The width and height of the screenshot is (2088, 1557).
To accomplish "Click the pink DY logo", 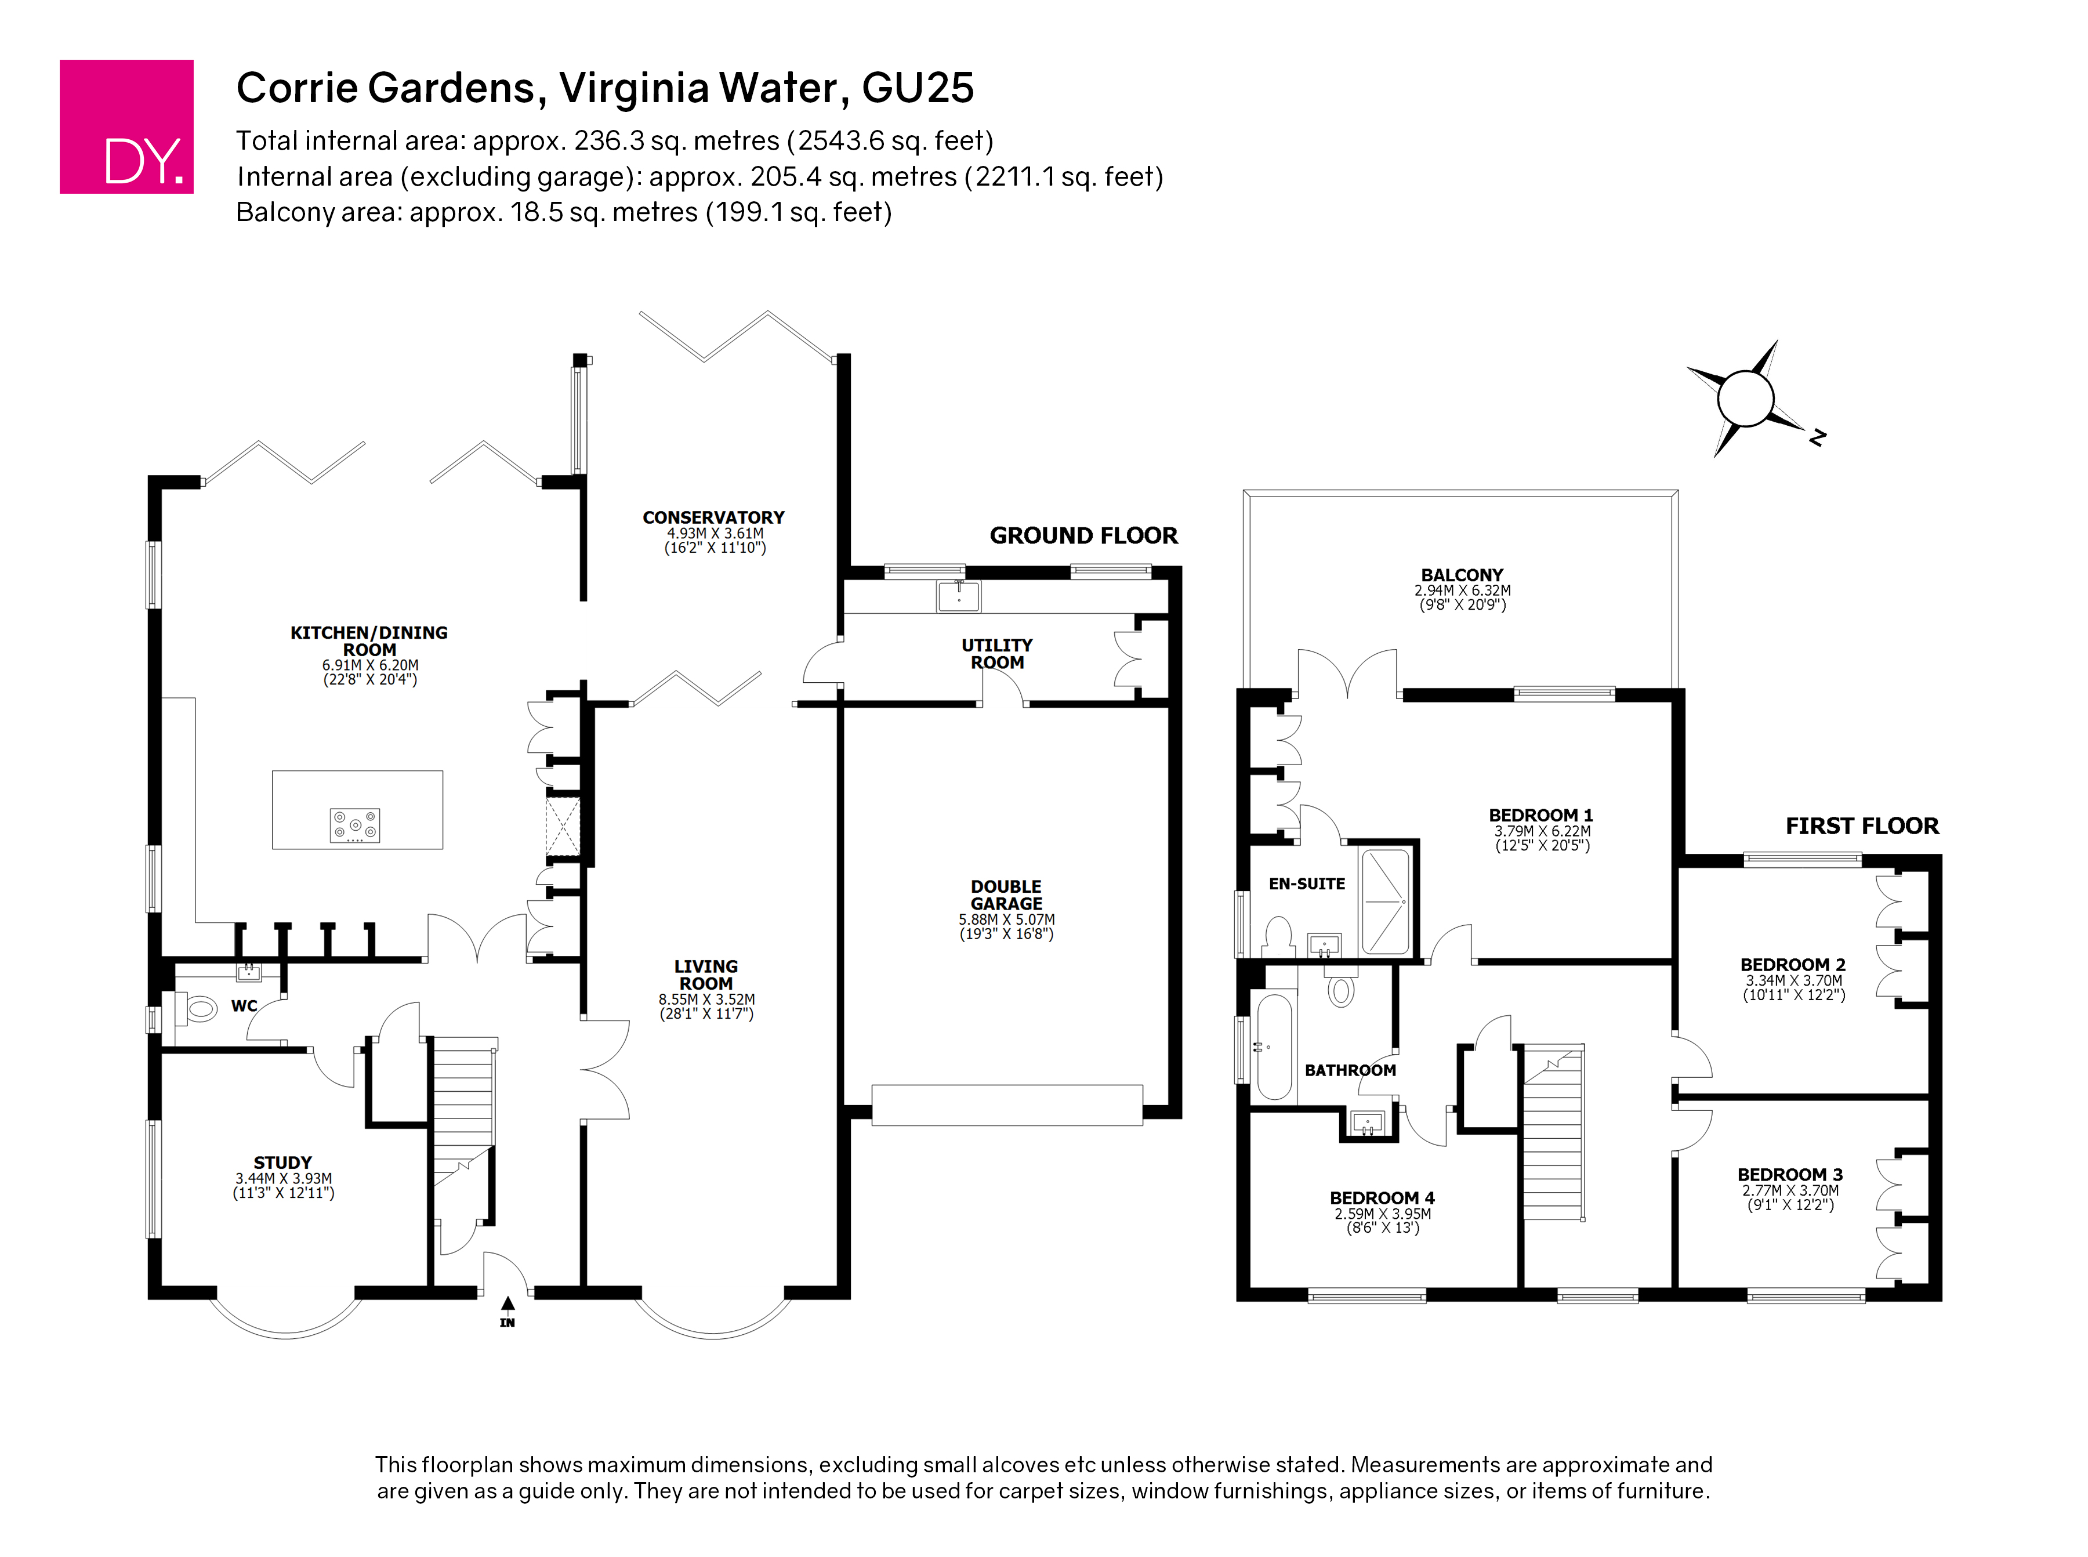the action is [126, 126].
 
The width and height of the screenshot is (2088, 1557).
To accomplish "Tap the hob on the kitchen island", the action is [354, 825].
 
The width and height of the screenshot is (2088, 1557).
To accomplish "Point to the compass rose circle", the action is [1745, 399].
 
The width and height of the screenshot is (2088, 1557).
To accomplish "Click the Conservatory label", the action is [713, 517].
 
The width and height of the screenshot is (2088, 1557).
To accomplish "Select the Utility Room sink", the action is [958, 596].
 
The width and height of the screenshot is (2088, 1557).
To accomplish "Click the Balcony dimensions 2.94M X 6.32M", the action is [1462, 590].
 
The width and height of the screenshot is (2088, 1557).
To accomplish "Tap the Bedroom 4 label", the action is [1382, 1198].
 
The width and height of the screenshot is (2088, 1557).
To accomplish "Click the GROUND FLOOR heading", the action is [1083, 535].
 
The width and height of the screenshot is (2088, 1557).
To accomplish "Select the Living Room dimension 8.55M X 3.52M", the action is [706, 999].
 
